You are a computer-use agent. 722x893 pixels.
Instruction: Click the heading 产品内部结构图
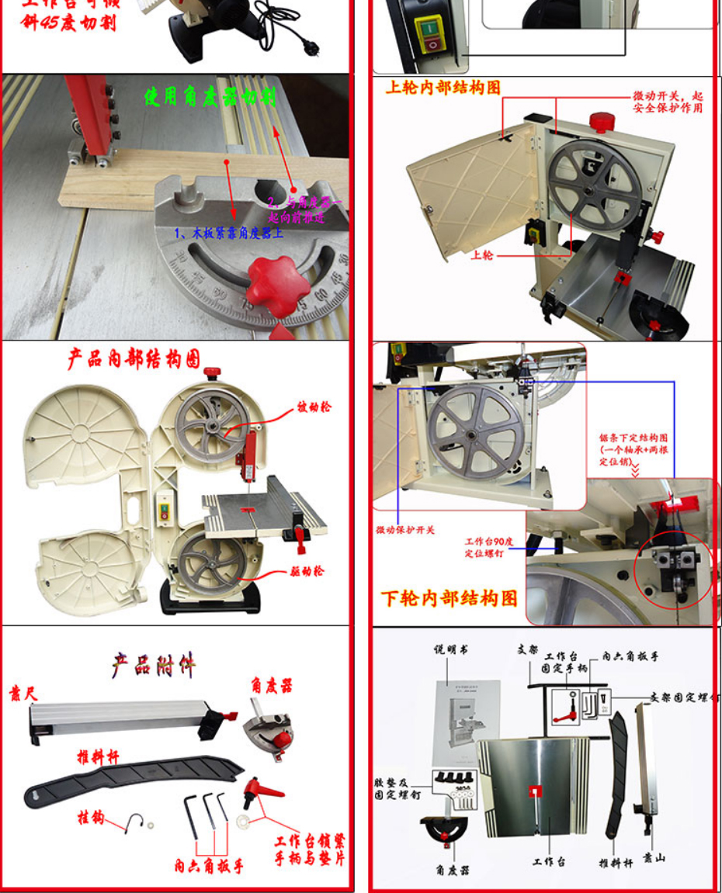click(x=134, y=358)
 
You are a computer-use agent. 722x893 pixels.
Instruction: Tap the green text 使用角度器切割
click(x=210, y=97)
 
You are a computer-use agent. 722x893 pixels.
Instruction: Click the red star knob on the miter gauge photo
click(x=272, y=286)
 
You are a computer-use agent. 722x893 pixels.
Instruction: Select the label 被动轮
click(x=314, y=407)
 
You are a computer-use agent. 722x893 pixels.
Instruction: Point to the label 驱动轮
click(x=308, y=572)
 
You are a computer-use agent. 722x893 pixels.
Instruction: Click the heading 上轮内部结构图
click(x=443, y=88)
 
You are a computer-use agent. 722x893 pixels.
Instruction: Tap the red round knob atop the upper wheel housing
click(x=602, y=122)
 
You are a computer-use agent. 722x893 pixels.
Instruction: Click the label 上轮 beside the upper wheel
click(x=481, y=254)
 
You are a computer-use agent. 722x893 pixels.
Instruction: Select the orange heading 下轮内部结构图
click(x=449, y=598)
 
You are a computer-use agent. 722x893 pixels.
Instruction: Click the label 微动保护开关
click(x=405, y=530)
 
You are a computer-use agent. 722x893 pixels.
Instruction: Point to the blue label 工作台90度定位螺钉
click(x=484, y=548)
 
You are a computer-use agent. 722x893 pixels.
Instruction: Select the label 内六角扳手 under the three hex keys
click(x=209, y=866)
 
